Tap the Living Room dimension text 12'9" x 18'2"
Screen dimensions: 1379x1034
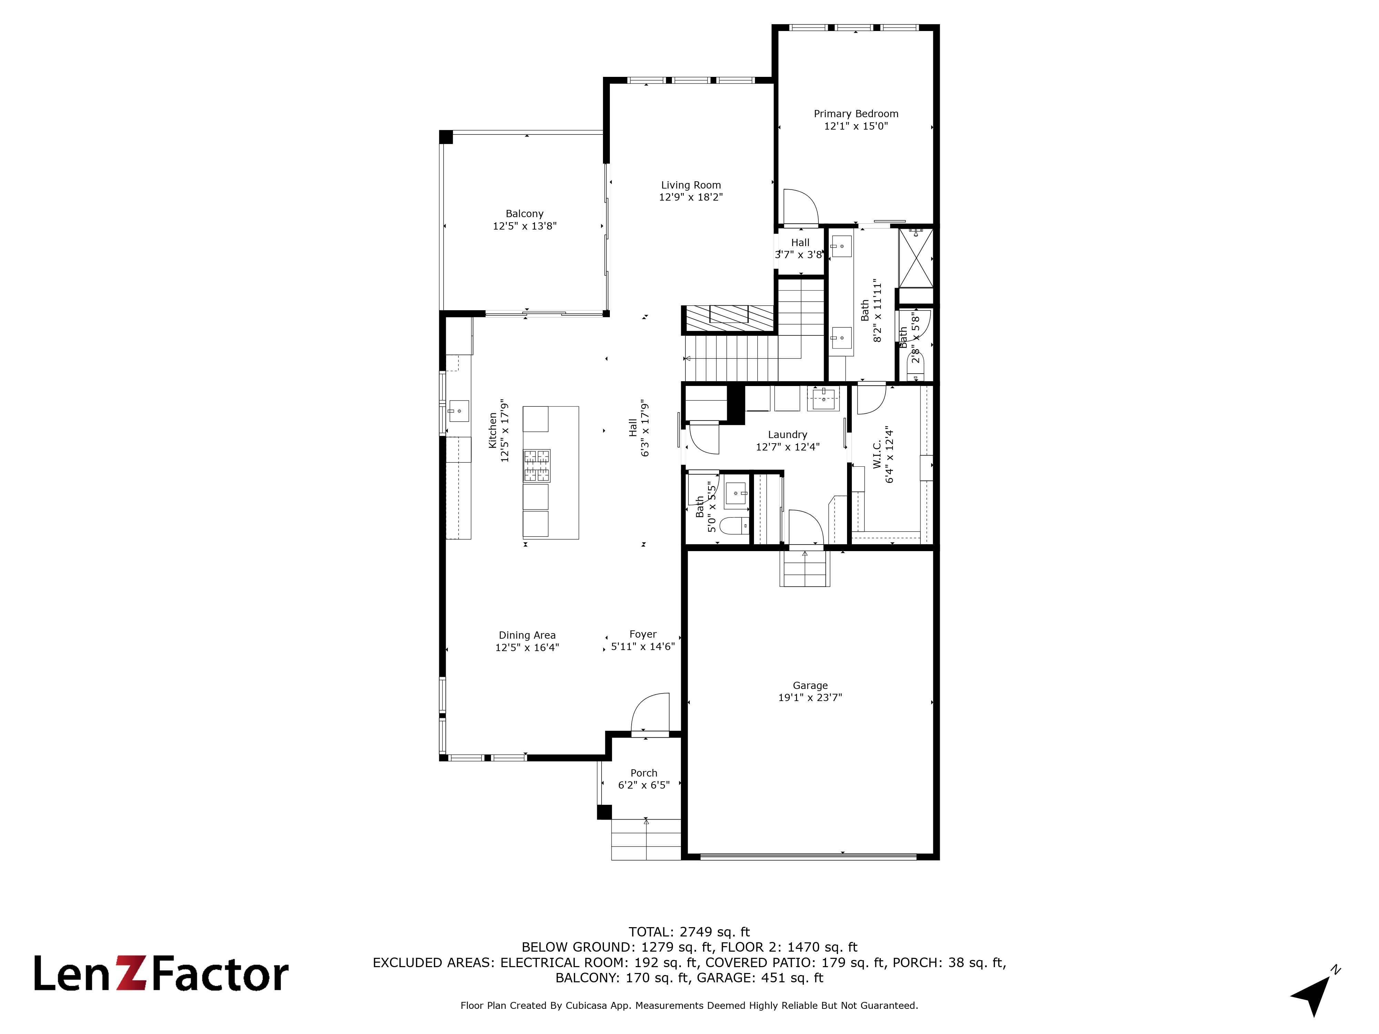coord(691,197)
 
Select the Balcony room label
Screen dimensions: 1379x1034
coord(524,214)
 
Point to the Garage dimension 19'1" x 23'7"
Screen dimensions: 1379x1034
coord(810,698)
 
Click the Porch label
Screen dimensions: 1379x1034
coord(643,773)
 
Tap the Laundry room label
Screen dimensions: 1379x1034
coord(787,434)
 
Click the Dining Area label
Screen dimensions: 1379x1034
coord(527,635)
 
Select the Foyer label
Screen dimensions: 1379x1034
coord(643,634)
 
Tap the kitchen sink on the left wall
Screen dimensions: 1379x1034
coord(458,411)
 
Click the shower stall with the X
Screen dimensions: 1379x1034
coord(916,258)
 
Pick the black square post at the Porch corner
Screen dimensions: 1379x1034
coord(603,812)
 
